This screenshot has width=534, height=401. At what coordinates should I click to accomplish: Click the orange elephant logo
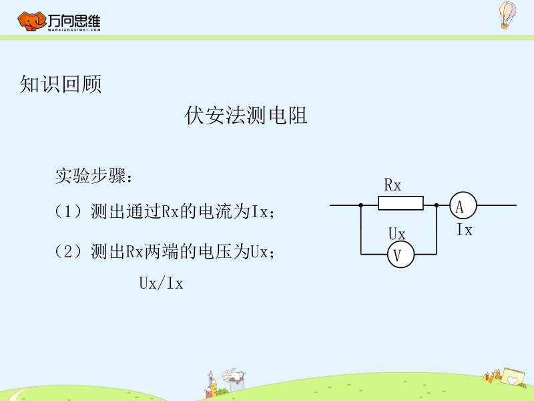click(x=31, y=21)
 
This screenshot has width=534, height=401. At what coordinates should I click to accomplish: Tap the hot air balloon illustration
click(x=507, y=15)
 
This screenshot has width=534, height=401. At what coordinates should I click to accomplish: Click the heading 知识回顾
click(x=61, y=84)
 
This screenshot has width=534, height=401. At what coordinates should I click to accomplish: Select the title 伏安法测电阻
click(x=246, y=115)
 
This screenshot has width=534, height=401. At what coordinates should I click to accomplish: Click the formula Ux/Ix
click(x=161, y=283)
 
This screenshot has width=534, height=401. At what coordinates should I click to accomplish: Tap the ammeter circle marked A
click(x=463, y=205)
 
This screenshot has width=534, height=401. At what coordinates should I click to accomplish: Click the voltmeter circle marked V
click(x=400, y=255)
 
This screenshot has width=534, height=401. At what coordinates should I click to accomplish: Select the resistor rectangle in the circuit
click(x=401, y=203)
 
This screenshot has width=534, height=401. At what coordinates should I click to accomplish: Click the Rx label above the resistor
click(x=392, y=185)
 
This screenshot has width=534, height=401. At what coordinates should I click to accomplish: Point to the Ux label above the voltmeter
click(x=396, y=234)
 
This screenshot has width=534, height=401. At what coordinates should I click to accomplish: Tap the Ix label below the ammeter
click(x=465, y=229)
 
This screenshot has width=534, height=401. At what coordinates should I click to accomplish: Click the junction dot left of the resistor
click(x=361, y=205)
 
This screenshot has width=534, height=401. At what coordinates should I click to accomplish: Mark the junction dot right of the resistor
click(x=437, y=205)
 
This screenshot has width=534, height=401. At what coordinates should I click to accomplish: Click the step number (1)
click(x=68, y=211)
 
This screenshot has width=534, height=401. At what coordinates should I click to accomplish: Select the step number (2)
click(x=68, y=252)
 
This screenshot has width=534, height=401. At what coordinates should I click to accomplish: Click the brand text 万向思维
click(x=74, y=21)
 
